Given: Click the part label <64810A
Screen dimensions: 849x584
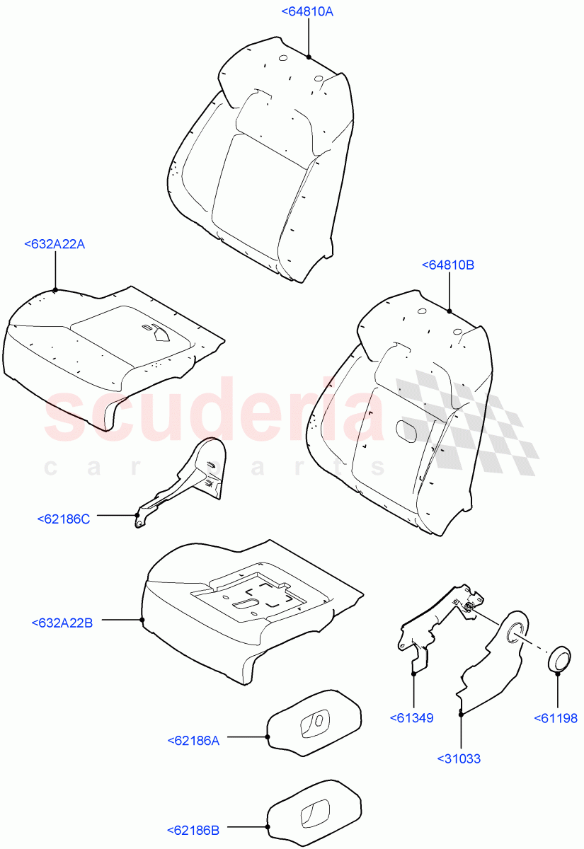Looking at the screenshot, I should point(307,11).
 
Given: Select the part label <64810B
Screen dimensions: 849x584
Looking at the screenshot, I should point(448,265).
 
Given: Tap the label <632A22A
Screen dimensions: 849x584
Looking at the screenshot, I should point(55,244).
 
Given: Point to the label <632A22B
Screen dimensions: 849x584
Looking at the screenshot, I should point(62,623).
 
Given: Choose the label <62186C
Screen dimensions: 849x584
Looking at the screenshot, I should point(64,519).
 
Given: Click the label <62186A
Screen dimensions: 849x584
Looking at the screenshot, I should point(194,741).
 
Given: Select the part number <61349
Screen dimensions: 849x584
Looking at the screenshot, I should point(411,718).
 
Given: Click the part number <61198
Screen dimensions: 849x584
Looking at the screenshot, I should point(556,718).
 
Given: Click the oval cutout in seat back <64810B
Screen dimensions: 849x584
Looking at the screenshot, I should point(406,431).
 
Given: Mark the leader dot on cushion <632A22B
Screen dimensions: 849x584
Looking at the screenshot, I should point(142,620).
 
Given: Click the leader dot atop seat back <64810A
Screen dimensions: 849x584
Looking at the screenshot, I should point(309,57).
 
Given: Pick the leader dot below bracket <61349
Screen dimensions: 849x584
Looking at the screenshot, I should point(413,674).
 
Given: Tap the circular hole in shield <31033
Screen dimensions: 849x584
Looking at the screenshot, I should point(516,629).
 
